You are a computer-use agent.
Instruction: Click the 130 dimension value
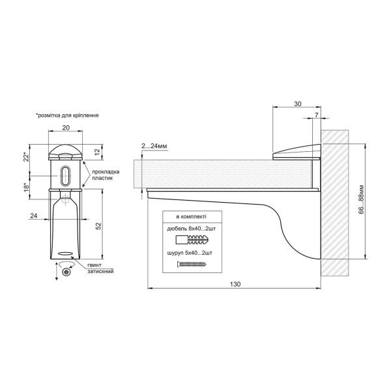(235, 284)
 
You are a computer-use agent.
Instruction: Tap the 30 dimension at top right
(298, 104)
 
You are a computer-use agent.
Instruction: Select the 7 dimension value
(317, 115)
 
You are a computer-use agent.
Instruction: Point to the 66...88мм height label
(361, 200)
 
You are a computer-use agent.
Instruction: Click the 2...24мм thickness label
(154, 146)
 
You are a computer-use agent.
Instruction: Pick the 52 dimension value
(98, 226)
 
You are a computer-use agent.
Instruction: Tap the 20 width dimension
(66, 128)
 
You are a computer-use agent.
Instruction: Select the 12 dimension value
(97, 151)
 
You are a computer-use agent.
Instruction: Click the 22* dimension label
(26, 156)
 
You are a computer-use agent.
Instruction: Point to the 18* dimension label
(26, 187)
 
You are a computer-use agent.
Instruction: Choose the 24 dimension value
(34, 216)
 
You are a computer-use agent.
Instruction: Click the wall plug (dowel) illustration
(192, 240)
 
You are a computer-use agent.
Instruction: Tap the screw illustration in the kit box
(192, 264)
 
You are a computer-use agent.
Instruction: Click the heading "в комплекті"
(191, 217)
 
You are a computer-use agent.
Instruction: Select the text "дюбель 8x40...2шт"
(191, 229)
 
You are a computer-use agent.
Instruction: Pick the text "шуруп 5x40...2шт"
(190, 253)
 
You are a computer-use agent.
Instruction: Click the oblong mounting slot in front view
(65, 175)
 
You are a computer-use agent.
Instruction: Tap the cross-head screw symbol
(66, 272)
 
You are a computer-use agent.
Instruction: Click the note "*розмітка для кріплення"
(67, 115)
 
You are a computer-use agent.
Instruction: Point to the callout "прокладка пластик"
(106, 175)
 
